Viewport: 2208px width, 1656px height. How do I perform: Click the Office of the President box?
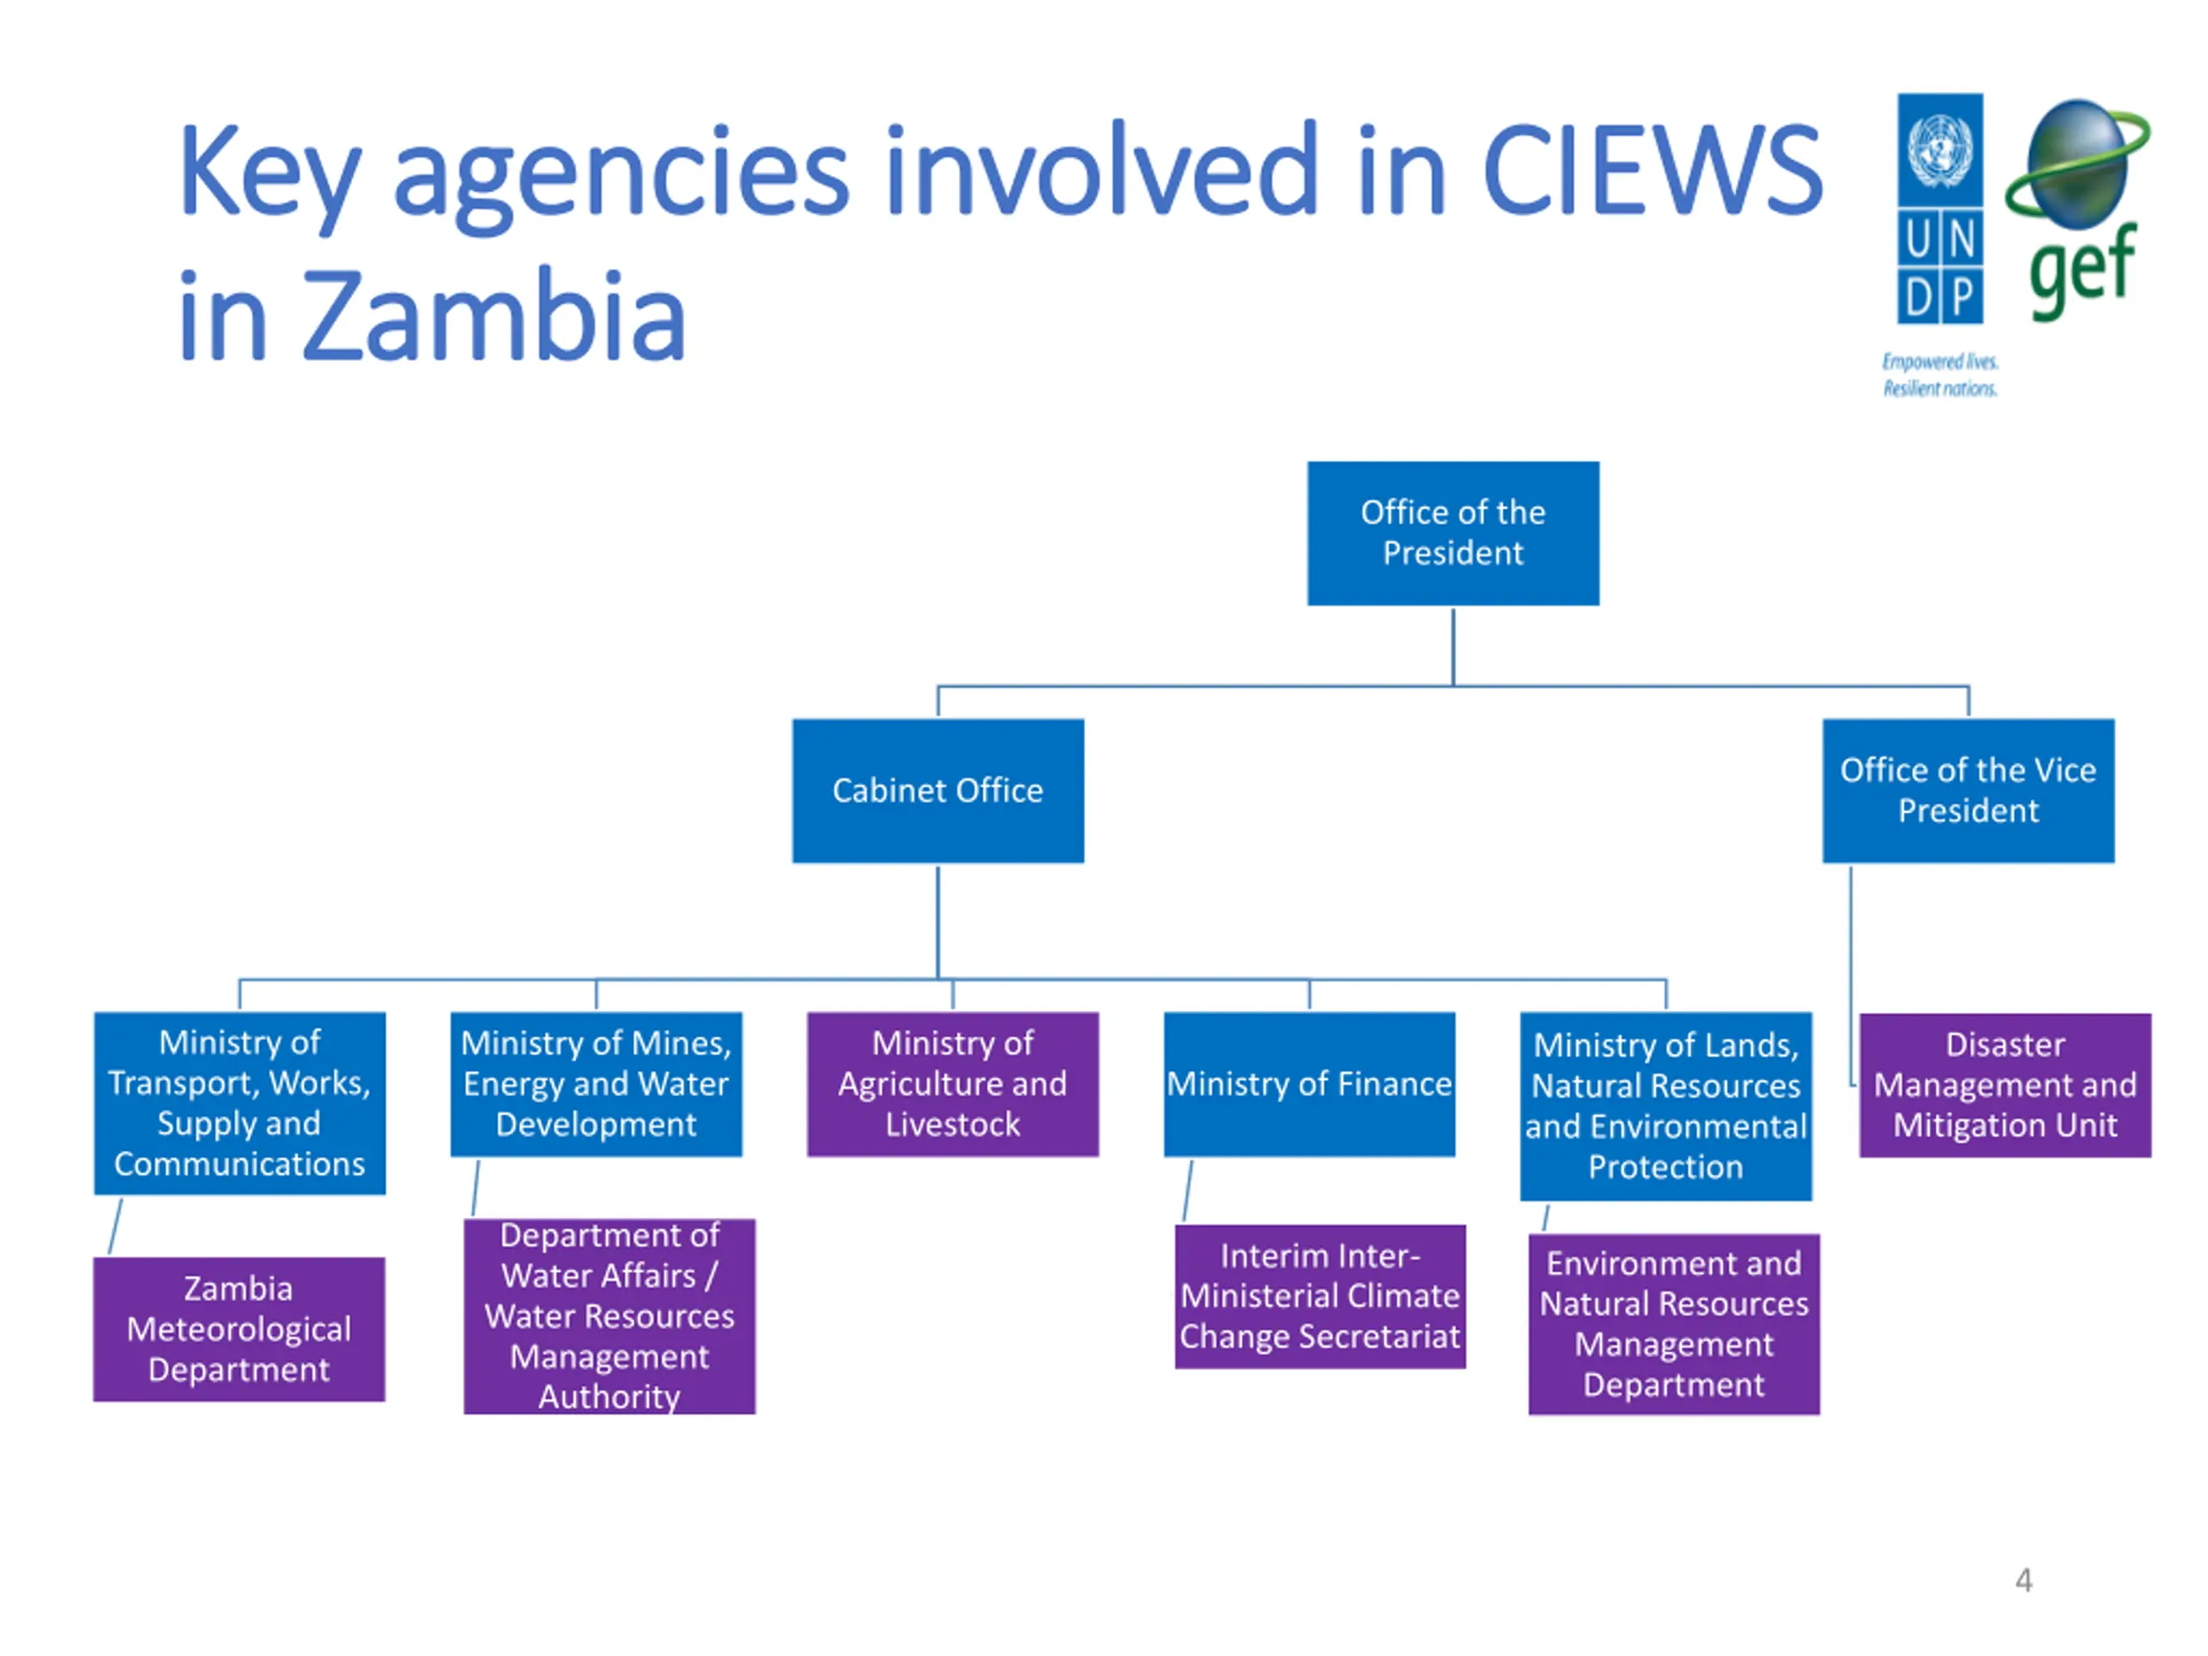(x=1452, y=533)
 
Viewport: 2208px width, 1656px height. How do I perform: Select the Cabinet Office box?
(x=938, y=791)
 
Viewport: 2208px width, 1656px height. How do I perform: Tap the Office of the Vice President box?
(x=1967, y=791)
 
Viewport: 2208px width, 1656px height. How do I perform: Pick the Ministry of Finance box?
(x=1308, y=1084)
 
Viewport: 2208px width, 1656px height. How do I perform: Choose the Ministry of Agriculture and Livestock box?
(x=952, y=1084)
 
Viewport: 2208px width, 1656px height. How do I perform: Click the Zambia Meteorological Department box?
(x=239, y=1328)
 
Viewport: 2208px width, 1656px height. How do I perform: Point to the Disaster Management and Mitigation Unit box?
(x=2004, y=1085)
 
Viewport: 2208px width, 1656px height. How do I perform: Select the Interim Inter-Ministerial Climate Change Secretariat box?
(x=1320, y=1295)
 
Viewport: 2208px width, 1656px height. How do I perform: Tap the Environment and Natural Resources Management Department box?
(x=1673, y=1324)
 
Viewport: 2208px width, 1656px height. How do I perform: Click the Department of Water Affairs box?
(x=609, y=1315)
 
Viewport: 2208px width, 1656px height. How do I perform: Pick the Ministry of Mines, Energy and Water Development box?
(x=596, y=1084)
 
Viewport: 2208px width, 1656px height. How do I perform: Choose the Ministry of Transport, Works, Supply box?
(x=240, y=1103)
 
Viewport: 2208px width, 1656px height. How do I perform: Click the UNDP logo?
(x=1940, y=210)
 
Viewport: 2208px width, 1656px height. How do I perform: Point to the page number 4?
(x=2023, y=1580)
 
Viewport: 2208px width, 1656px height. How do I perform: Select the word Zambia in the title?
(x=493, y=317)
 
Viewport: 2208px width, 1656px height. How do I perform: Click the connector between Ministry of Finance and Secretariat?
(x=1188, y=1190)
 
